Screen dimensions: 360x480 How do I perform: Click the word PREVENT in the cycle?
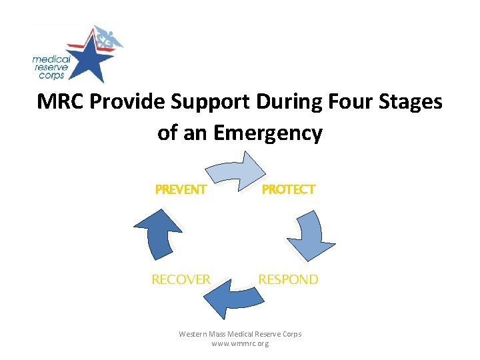tap(181, 190)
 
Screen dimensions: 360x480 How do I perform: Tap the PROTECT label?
tap(288, 190)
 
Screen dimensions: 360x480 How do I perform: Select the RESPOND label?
tap(288, 279)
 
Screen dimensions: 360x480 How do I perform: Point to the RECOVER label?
tap(181, 279)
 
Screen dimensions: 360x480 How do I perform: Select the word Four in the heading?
tap(353, 102)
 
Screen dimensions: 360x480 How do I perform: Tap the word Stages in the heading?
tap(413, 102)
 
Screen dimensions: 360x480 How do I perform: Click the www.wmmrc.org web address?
tap(240, 343)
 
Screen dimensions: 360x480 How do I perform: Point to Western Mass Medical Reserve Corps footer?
tap(240, 333)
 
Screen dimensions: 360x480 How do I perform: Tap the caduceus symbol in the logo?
tap(108, 38)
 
